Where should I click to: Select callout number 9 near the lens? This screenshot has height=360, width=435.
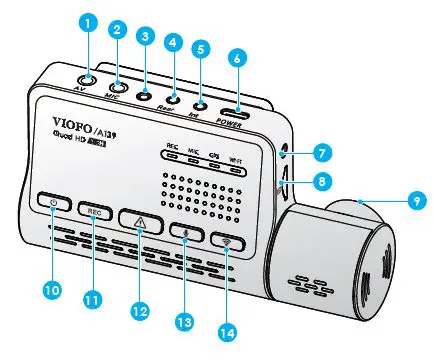point(410,200)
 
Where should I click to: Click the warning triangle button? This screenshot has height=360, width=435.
point(139,220)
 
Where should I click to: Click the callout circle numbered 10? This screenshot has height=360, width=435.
point(49,289)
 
